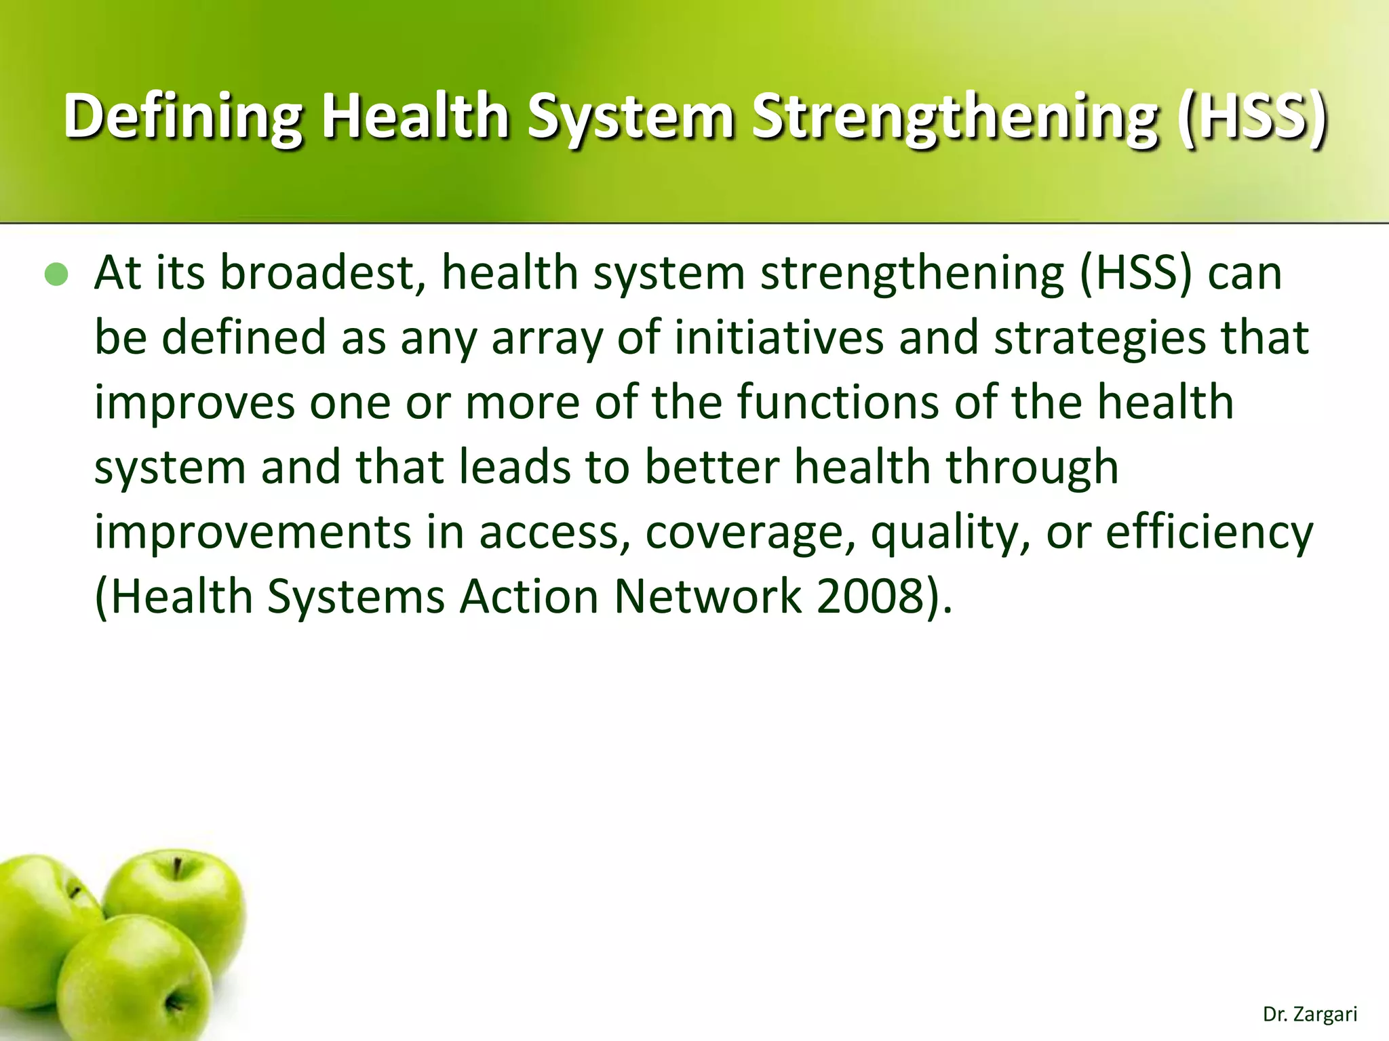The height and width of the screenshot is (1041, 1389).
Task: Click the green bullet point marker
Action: click(x=56, y=274)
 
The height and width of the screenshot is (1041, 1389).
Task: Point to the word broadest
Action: click(x=323, y=273)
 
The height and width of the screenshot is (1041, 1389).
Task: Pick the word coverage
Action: click(x=749, y=532)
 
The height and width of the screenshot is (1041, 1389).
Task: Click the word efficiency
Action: click(x=1209, y=532)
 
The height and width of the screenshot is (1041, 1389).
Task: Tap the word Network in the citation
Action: click(x=707, y=596)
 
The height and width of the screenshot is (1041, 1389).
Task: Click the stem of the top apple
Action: click(x=177, y=868)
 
